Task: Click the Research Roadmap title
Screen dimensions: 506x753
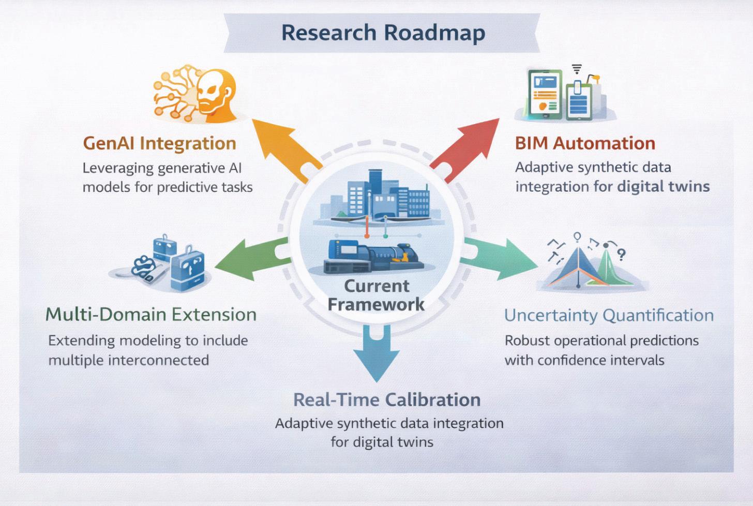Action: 383,33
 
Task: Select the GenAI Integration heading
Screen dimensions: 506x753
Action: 159,143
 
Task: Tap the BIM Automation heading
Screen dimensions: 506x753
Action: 585,143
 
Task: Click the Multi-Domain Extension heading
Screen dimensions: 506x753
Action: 150,314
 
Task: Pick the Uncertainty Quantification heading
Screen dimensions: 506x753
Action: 609,315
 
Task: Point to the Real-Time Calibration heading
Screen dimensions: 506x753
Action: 387,400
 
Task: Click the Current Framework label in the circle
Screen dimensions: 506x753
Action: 377,295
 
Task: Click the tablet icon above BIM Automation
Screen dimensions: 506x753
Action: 544,93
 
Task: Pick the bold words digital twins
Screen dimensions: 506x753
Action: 663,186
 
